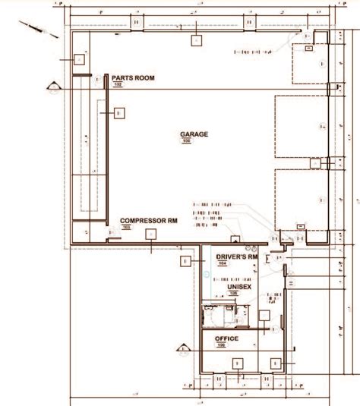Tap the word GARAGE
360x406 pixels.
(194, 134)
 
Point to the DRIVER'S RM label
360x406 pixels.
(238, 259)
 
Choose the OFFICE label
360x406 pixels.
(226, 338)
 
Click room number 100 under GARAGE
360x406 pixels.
(186, 141)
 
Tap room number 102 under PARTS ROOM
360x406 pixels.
(118, 85)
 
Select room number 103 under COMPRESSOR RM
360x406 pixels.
(126, 227)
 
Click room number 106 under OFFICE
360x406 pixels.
(221, 345)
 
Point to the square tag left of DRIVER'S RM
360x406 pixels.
(184, 262)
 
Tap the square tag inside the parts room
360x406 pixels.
(119, 113)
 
